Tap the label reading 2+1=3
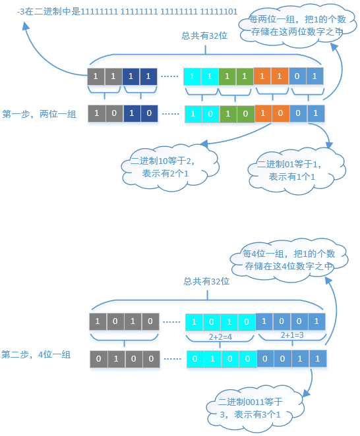click(291, 335)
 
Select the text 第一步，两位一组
click(40, 114)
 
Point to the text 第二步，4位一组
click(36, 355)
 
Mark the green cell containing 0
click(245, 113)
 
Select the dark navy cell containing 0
click(148, 113)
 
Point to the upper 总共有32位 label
click(204, 36)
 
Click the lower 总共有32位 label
click(206, 281)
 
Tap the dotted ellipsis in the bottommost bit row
click(173, 360)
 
